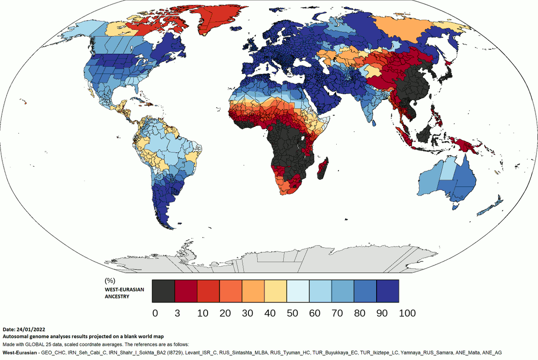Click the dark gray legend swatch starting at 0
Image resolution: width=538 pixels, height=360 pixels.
click(x=163, y=291)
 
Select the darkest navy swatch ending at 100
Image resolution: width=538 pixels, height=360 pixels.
click(x=387, y=291)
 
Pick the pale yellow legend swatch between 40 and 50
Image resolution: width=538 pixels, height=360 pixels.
click(x=275, y=291)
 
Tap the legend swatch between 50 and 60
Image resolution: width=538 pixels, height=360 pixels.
click(x=298, y=291)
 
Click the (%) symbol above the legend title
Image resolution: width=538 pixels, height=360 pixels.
click(x=109, y=281)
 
